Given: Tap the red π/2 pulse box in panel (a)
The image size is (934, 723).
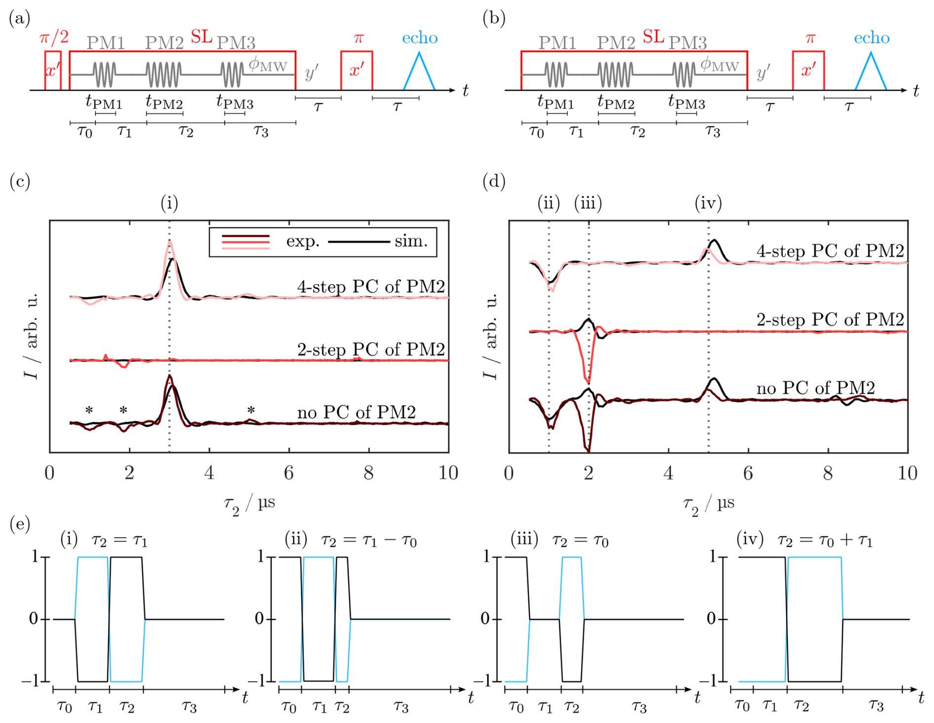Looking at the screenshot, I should click(53, 71).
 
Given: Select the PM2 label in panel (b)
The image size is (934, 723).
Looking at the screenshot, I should click(616, 43).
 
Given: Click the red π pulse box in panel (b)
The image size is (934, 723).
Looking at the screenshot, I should click(808, 71).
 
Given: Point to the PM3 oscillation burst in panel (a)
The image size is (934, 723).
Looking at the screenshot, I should click(232, 74).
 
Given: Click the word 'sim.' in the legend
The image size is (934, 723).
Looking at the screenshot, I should click(411, 242).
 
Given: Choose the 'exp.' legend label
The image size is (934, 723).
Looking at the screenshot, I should click(303, 242).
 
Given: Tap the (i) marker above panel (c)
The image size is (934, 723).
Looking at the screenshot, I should click(169, 203).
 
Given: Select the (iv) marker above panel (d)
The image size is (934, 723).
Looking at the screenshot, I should click(708, 203).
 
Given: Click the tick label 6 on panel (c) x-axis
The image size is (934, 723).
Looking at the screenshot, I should click(289, 473).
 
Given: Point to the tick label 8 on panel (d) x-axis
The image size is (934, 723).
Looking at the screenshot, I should click(828, 473).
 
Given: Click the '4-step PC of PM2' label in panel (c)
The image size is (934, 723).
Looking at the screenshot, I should click(371, 287).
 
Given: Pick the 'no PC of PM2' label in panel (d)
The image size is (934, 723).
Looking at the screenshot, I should click(816, 388).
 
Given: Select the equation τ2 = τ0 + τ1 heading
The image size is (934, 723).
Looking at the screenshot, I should click(825, 541).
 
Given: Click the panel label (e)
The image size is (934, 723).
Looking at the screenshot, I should click(20, 524).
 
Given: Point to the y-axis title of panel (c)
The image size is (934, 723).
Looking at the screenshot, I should click(31, 336).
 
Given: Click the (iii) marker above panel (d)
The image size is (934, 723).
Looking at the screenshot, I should click(588, 203).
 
